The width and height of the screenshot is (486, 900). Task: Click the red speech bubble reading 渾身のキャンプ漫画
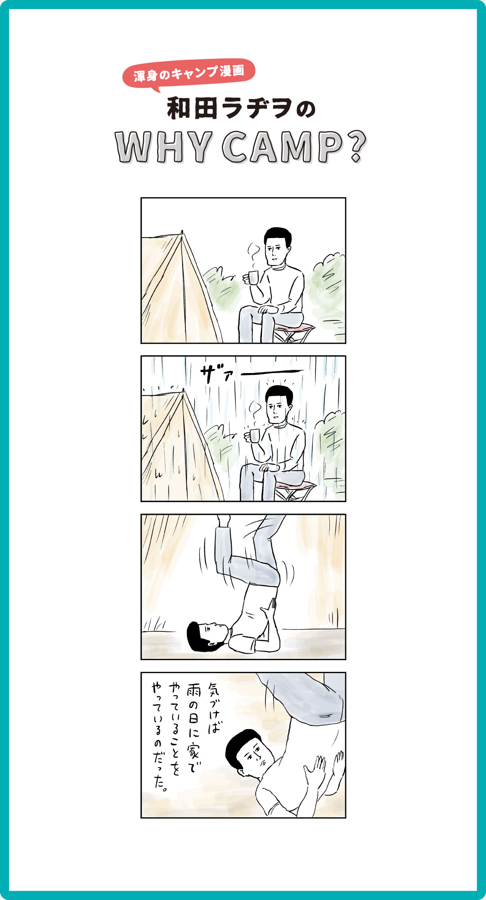tap(189, 73)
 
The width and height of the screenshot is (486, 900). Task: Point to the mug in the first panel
tap(252, 277)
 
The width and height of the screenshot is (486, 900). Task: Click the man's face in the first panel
tap(275, 251)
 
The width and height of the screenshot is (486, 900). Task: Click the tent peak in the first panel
tap(182, 233)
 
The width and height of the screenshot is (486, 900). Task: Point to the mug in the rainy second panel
tap(254, 436)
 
